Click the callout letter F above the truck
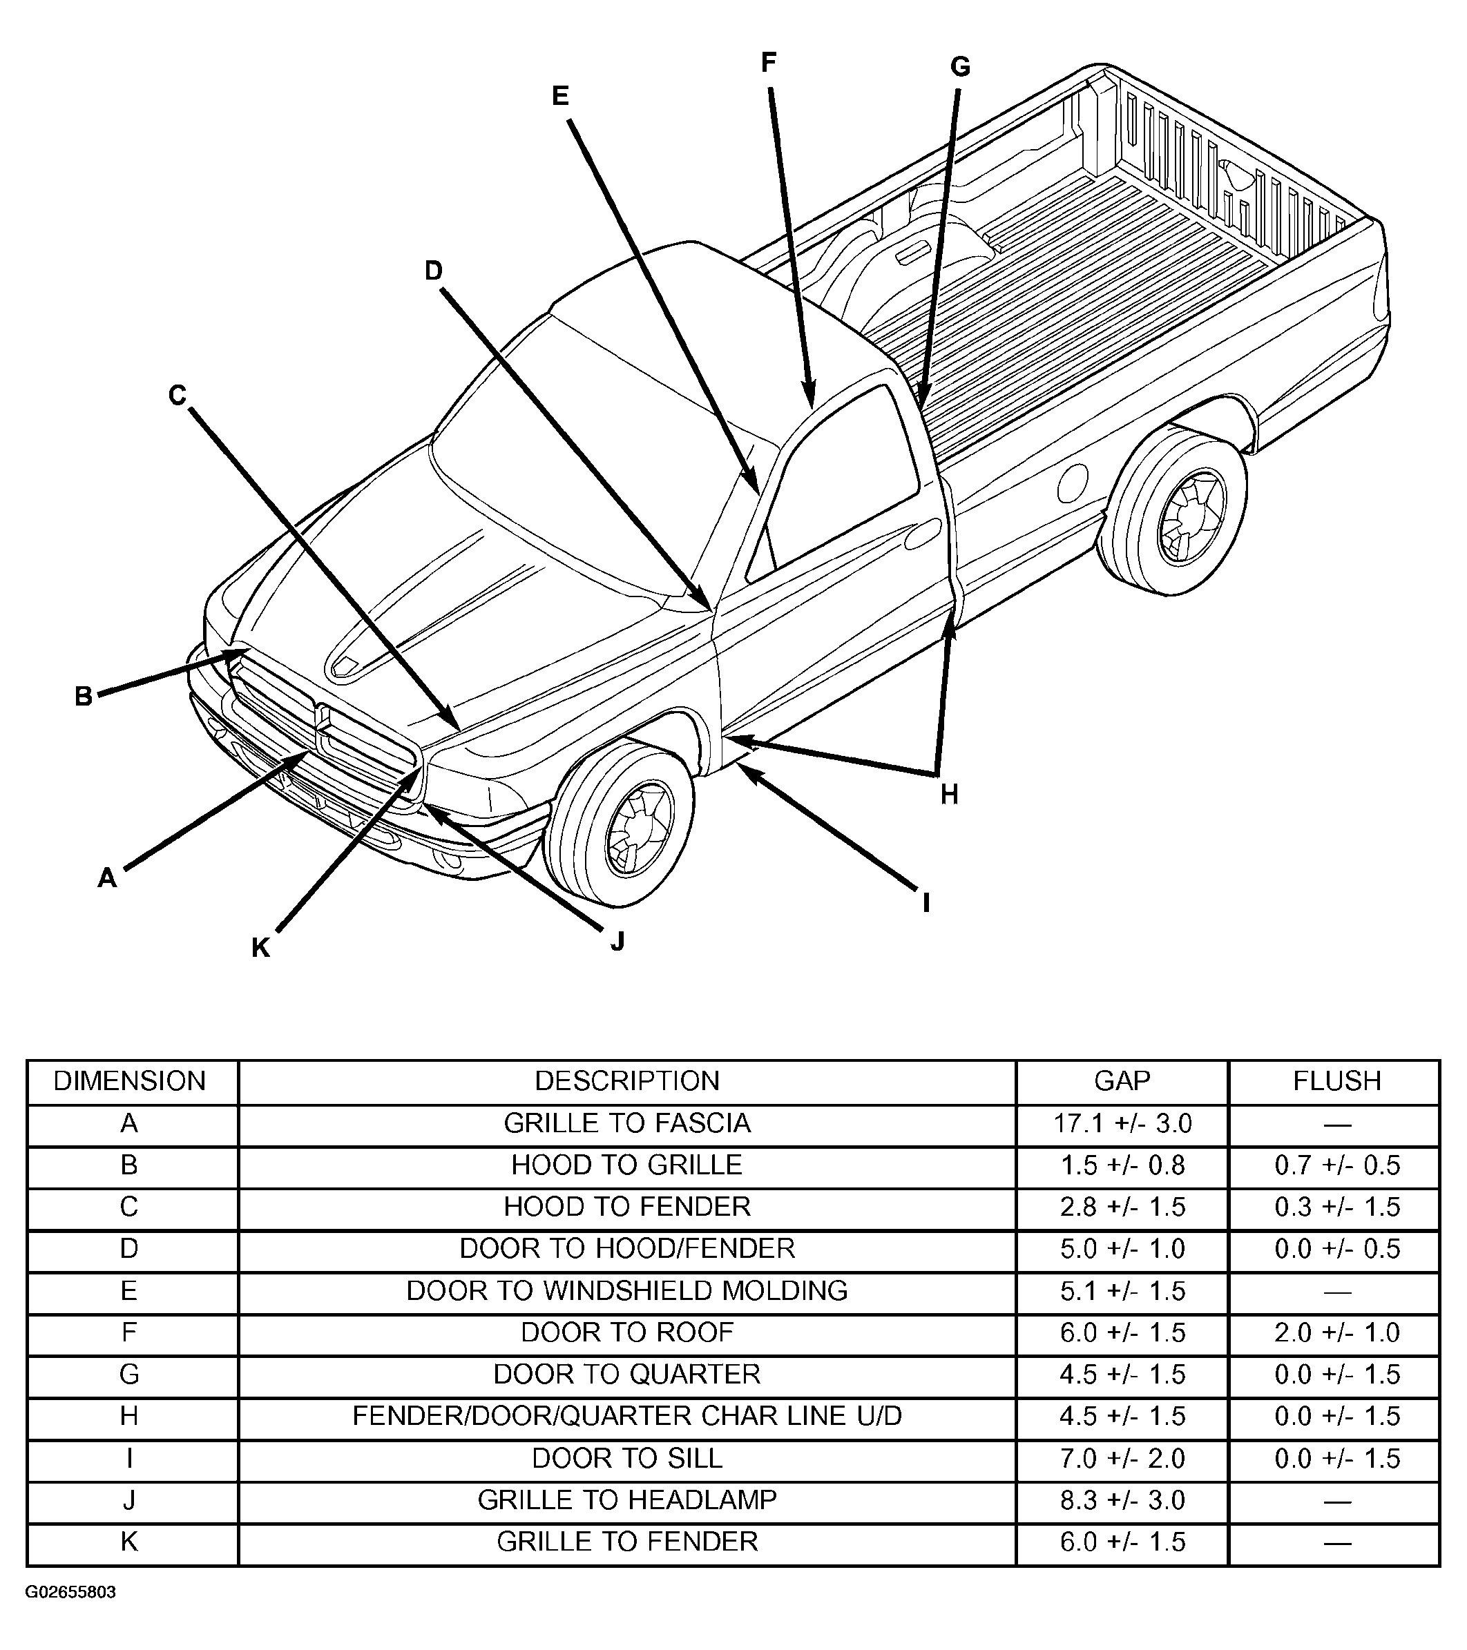click(x=768, y=62)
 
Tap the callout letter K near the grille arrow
click(x=260, y=948)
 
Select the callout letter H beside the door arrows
click(x=950, y=795)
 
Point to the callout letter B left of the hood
click(x=83, y=696)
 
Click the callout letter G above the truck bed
click(x=960, y=67)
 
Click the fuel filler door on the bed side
click(x=1071, y=482)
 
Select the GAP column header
click(x=1122, y=1081)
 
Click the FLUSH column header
click(x=1337, y=1081)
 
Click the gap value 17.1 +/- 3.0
click(x=1122, y=1123)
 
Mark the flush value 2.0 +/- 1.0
click(x=1337, y=1332)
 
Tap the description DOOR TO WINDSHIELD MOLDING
click(x=626, y=1290)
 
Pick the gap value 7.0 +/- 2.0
click(x=1122, y=1458)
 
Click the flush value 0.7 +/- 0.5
click(x=1337, y=1165)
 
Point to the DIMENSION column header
click(x=130, y=1081)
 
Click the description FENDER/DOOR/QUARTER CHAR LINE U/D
click(x=626, y=1416)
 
